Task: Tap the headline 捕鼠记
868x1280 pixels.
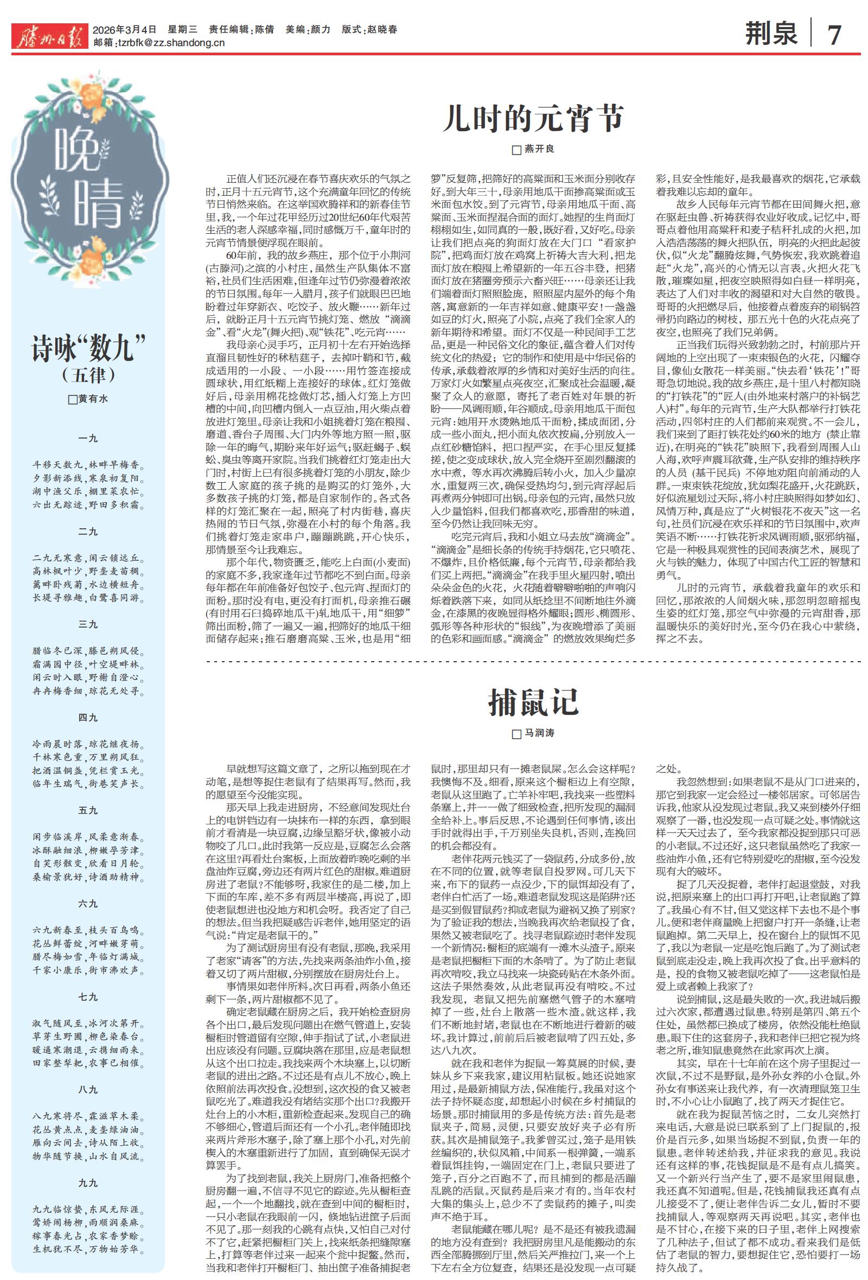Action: coord(533,702)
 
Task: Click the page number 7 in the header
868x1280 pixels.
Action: coord(834,34)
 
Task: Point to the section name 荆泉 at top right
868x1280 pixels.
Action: coord(770,33)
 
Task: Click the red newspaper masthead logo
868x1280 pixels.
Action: coord(49,36)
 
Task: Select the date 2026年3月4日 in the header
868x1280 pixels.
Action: coord(124,30)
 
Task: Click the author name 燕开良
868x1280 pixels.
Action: coord(539,149)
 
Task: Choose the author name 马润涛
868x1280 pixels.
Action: coord(539,734)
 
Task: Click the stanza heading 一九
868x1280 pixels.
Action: coord(88,439)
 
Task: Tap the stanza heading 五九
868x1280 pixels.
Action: coord(88,810)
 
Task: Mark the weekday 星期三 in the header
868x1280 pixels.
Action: coord(182,30)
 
